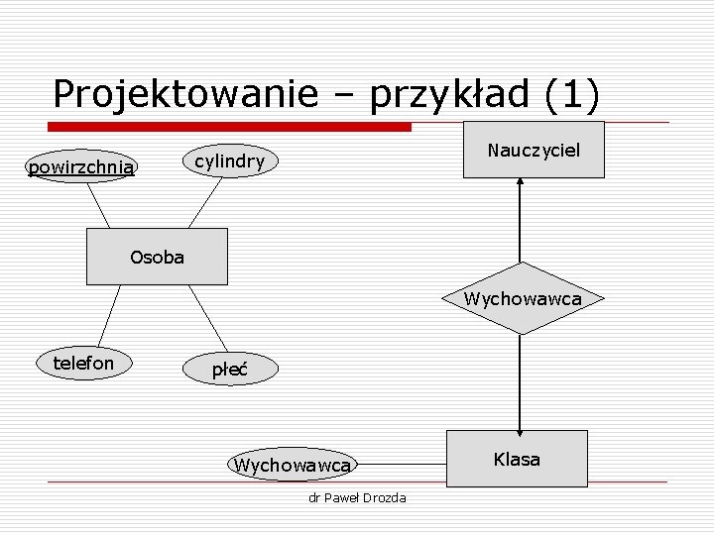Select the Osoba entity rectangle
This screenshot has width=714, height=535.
[x=157, y=257]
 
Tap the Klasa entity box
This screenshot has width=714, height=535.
[x=517, y=459]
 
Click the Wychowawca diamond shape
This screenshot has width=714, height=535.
[x=522, y=298]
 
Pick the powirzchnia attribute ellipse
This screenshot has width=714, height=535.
[x=81, y=167]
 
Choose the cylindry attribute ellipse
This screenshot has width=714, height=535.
[x=229, y=161]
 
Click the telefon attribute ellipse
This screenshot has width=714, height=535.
[x=83, y=364]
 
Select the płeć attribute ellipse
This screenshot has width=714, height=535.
[x=229, y=371]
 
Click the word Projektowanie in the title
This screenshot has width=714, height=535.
[x=185, y=94]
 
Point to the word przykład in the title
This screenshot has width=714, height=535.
[x=457, y=94]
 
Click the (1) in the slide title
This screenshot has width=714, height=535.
[x=572, y=94]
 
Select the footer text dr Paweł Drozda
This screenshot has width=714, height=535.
[x=357, y=497]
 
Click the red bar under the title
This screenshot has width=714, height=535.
[x=230, y=127]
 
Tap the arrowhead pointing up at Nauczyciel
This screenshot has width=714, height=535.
[x=521, y=185]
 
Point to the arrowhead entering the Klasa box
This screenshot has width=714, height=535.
[x=521, y=424]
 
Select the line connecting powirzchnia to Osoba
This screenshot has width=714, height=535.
[x=98, y=206]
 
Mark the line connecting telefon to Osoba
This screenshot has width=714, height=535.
[x=106, y=315]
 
